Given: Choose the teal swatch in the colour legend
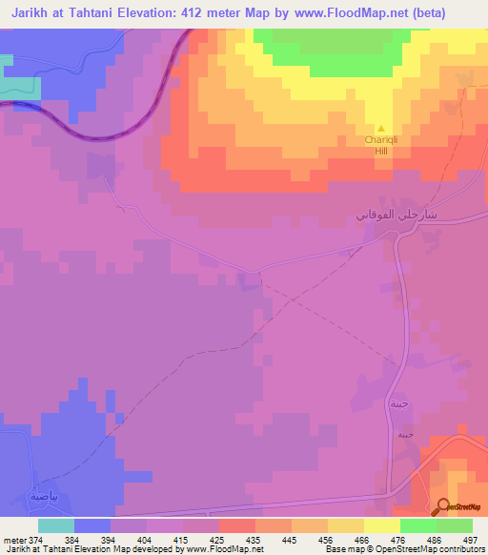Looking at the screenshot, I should point(56,525).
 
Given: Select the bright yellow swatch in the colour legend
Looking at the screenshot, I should point(381,525).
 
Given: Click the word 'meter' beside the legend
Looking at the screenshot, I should point(14,540).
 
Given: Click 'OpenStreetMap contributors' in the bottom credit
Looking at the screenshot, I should point(433,550).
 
